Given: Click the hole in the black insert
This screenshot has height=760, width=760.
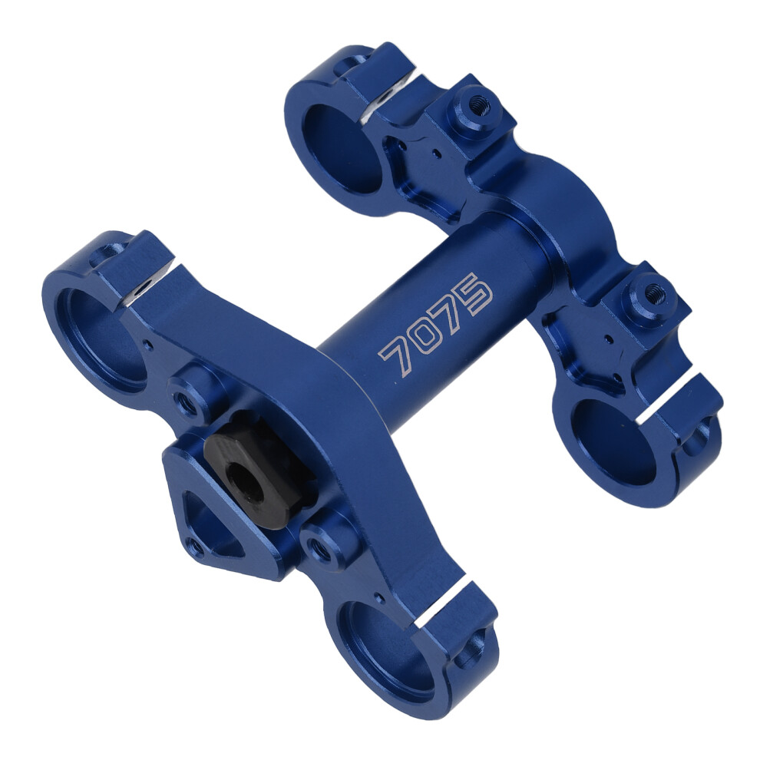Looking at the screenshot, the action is point(246,481).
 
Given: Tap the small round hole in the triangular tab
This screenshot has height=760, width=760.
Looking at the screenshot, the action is point(196,547).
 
